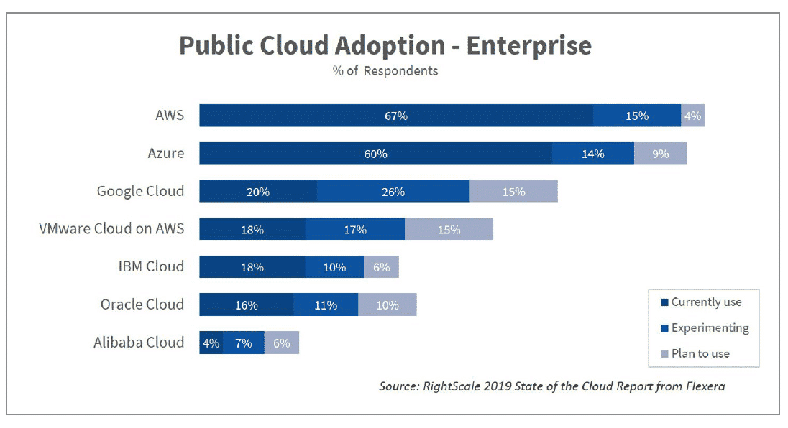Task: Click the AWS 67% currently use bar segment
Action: (395, 116)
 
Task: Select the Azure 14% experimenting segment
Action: (592, 154)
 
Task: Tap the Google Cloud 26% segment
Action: (393, 192)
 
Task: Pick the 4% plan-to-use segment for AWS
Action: (692, 116)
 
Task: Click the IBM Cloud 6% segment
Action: (381, 267)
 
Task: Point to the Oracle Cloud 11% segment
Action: (325, 305)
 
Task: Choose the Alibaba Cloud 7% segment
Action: (243, 343)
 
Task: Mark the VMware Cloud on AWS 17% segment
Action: (354, 230)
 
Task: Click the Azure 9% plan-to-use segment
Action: (660, 154)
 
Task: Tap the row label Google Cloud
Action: (140, 191)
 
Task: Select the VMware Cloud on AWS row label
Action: (111, 229)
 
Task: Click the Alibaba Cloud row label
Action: (139, 343)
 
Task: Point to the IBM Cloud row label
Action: (151, 266)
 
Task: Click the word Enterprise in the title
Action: (529, 45)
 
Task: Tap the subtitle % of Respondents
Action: (385, 71)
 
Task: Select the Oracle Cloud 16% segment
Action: (246, 305)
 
